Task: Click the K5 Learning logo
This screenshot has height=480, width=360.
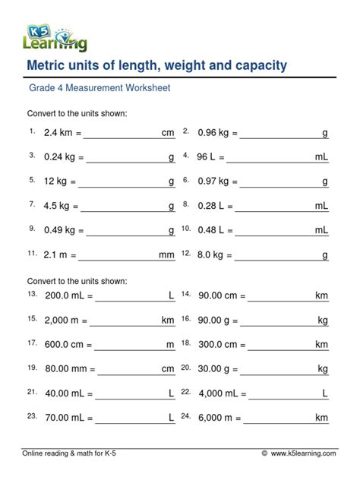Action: [56, 32]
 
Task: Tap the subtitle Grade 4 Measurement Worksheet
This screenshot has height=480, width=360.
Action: [99, 88]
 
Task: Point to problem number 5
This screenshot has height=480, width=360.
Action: [33, 181]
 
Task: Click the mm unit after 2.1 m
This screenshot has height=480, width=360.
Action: [166, 255]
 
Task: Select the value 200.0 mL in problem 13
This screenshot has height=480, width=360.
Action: [68, 296]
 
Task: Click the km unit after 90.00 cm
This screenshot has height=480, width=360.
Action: [321, 295]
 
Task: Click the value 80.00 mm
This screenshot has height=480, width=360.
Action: [67, 369]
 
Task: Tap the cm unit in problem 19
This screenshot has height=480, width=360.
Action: [168, 369]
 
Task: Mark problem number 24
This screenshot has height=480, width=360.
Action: [185, 415]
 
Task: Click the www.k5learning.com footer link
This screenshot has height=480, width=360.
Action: [303, 453]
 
